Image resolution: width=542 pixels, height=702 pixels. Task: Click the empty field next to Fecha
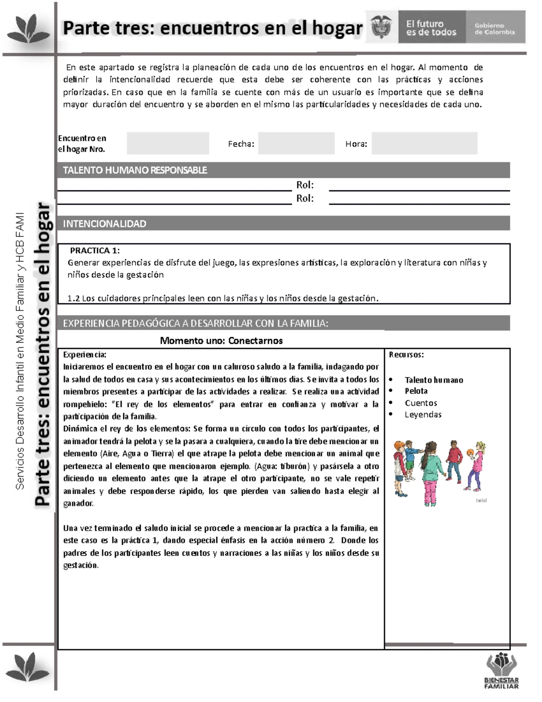click(x=296, y=143)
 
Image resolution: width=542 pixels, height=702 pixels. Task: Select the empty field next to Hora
click(x=424, y=143)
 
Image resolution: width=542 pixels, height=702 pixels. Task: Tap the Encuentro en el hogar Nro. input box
click(x=168, y=143)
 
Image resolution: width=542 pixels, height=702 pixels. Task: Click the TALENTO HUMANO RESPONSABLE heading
click(x=135, y=170)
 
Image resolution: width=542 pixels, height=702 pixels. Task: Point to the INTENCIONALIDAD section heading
click(x=104, y=224)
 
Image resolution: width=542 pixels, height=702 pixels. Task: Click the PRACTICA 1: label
click(x=95, y=250)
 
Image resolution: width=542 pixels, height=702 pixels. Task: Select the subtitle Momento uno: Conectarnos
click(x=221, y=341)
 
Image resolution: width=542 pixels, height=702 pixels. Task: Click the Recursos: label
click(x=406, y=355)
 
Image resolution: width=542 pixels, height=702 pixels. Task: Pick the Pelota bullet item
click(x=416, y=391)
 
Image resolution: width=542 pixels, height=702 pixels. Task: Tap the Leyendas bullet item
click(x=423, y=415)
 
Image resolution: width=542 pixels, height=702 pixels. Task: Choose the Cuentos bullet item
click(x=421, y=403)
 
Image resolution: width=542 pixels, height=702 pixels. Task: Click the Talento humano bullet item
click(x=434, y=380)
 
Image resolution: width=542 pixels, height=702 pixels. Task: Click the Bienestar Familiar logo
click(x=501, y=671)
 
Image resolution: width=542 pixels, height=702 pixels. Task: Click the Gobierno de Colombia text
click(x=495, y=29)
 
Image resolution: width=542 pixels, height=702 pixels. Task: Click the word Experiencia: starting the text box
click(x=84, y=355)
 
